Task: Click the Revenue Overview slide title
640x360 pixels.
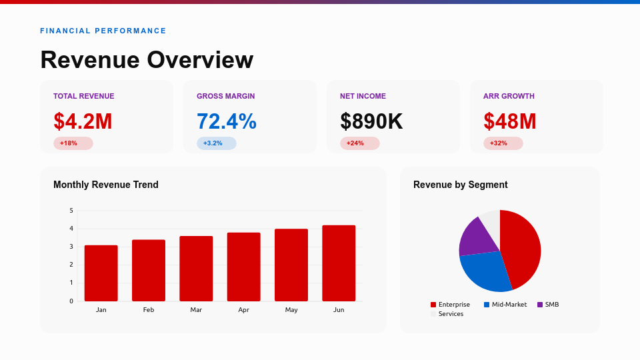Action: (147, 60)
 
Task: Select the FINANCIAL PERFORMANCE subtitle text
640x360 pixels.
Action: (103, 31)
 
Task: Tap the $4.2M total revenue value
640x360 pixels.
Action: (83, 121)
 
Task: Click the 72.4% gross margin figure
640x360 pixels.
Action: (227, 121)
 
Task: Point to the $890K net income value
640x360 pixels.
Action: (371, 121)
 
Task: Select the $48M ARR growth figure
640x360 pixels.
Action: (510, 121)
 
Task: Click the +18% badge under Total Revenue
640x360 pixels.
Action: (73, 143)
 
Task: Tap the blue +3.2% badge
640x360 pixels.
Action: (216, 143)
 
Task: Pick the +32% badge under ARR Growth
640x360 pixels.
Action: (503, 143)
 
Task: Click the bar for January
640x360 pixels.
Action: (101, 273)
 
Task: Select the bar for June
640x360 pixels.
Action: (339, 263)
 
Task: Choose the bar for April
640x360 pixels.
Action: (243, 267)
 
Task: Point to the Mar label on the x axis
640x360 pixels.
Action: (196, 310)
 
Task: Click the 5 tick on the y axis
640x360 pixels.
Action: (71, 211)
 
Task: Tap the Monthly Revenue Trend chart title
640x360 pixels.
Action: (106, 185)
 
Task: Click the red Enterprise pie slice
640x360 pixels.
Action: (523, 247)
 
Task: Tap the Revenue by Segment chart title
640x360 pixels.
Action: (460, 185)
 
